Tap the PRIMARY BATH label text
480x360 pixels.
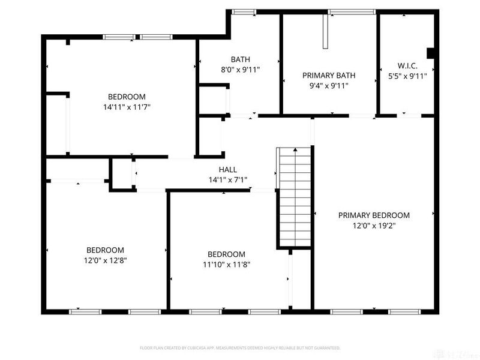coord(329,76)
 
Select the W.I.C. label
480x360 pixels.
coord(407,65)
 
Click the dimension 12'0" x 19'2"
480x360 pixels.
coord(374,226)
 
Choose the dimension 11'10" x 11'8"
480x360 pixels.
coord(226,265)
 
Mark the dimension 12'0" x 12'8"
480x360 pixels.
coord(106,260)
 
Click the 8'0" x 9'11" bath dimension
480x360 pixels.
coord(240,70)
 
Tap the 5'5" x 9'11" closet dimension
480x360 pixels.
coord(407,76)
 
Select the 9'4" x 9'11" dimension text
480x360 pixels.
coord(329,86)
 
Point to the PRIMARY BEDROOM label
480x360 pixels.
coord(374,215)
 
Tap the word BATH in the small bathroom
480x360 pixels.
coord(240,59)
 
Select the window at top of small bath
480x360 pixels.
coord(244,11)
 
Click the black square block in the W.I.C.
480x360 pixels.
coord(430,52)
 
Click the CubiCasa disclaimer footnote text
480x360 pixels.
coord(240,348)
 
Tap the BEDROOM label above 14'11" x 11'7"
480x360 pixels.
coord(127,97)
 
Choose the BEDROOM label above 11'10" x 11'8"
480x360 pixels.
coord(226,254)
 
